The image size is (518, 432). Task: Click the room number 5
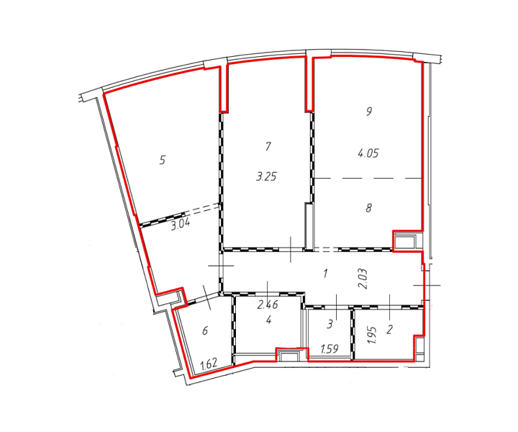(162, 161)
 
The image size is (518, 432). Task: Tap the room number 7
(268, 146)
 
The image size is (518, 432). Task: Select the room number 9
(368, 111)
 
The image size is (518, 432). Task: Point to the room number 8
(368, 208)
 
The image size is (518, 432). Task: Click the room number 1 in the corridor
(326, 274)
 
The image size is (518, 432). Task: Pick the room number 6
(205, 330)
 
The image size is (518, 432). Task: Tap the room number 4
(269, 320)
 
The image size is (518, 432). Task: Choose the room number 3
(330, 325)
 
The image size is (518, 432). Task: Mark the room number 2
(389, 329)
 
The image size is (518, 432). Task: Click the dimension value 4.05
(368, 153)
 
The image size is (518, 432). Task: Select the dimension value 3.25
(266, 177)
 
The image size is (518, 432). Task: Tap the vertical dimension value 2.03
(363, 279)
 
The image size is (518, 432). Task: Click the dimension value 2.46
(268, 305)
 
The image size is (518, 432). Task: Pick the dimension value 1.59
(330, 349)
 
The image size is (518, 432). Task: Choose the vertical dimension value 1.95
(373, 335)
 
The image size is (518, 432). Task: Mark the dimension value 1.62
(209, 364)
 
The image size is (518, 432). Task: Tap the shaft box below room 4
(288, 356)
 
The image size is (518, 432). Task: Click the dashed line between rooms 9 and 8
(368, 179)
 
